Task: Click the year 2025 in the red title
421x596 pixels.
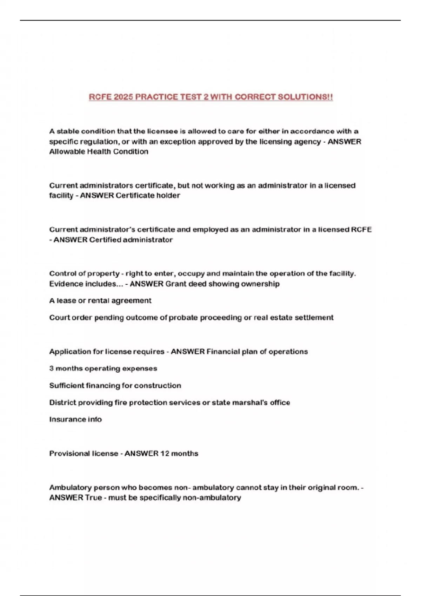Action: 123,97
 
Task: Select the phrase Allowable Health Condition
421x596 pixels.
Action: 99,152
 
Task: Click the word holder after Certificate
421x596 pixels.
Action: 168,196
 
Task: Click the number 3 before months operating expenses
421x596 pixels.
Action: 51,368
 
